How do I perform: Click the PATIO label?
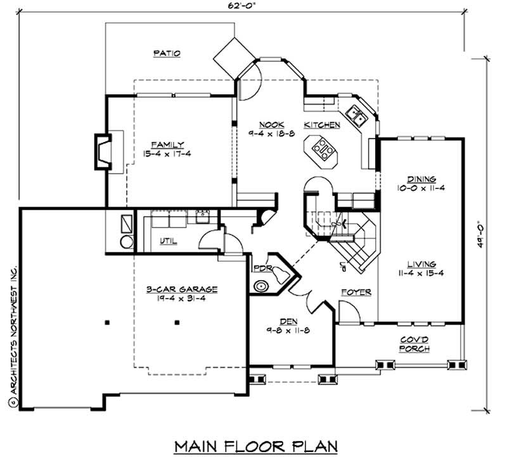tap(167, 54)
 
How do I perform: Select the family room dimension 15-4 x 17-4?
tap(167, 154)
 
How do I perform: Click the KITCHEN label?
tap(322, 125)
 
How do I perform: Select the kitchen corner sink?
tap(359, 117)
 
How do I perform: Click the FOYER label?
tap(357, 292)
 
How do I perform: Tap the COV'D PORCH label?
tap(415, 344)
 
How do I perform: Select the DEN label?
tap(290, 321)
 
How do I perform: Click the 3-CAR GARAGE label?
tap(182, 289)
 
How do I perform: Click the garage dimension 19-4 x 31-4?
tap(182, 299)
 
